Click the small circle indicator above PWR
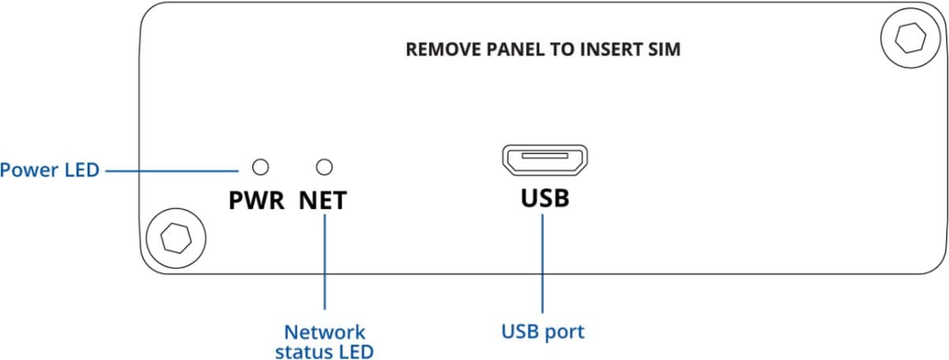pos(259,167)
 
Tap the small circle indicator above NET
pos(323,167)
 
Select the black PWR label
pos(255,201)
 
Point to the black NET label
pos(323,201)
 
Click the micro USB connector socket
pos(544,161)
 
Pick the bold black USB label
pos(544,197)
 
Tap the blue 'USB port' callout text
pos(543,331)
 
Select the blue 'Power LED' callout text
pos(50,169)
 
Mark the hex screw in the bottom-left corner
pos(172,237)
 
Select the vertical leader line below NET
pos(324,261)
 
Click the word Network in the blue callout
pos(324,332)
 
